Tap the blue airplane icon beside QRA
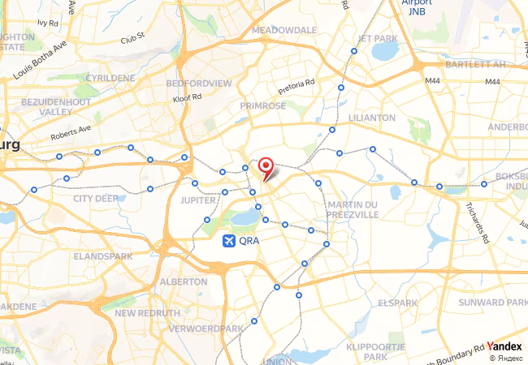229,241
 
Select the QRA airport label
249,241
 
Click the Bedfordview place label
198,84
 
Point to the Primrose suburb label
262,105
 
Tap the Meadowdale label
284,29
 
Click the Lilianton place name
371,118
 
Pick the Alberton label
184,281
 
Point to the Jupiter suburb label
197,199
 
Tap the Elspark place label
397,303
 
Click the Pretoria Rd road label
296,87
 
